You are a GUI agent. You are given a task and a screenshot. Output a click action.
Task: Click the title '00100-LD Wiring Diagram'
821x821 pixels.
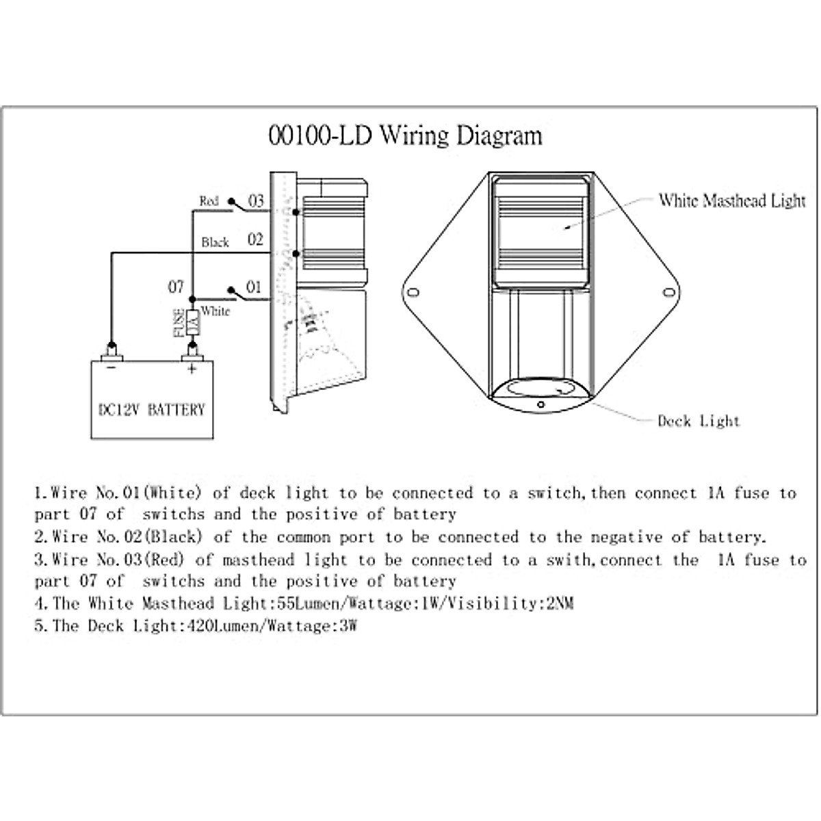[x=405, y=135]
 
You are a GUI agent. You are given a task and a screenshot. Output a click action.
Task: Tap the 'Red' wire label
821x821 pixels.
[x=209, y=201]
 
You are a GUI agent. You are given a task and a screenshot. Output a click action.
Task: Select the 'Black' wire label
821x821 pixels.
[x=215, y=242]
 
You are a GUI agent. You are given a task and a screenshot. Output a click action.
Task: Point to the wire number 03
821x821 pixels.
[x=255, y=201]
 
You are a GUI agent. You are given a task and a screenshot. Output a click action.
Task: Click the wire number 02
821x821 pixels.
[x=255, y=239]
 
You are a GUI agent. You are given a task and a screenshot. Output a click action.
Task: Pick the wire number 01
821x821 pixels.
[x=254, y=287]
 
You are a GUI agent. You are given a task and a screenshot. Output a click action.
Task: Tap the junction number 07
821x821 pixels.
[x=176, y=287]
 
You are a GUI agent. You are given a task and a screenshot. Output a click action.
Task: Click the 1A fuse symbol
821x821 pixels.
[x=192, y=322]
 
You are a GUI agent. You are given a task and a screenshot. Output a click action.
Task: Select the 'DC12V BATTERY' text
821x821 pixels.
[x=148, y=410]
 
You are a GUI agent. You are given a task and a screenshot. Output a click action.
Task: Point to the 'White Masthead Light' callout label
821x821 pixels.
[x=732, y=200]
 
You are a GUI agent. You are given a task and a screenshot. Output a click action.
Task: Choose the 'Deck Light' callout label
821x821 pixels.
[x=699, y=421]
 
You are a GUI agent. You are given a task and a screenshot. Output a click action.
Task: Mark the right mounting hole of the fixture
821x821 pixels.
[x=668, y=293]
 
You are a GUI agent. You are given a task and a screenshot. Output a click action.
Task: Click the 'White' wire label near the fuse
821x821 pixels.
[x=216, y=311]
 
